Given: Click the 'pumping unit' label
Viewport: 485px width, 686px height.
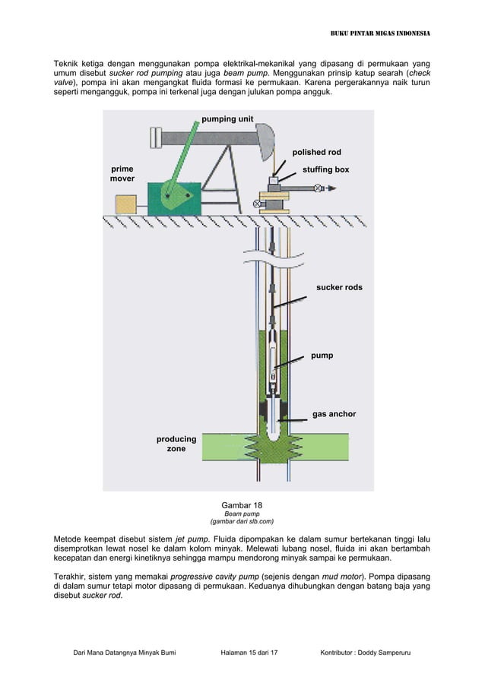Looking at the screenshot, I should point(227,119).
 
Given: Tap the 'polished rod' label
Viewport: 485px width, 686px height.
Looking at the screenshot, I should point(317,153).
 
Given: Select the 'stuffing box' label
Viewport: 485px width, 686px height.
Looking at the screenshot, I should point(325,169).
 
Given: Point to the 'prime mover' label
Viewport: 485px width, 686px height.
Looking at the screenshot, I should point(122,174).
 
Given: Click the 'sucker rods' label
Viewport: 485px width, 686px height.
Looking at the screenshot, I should point(339,288).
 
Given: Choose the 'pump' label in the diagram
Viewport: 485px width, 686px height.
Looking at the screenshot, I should point(322,355).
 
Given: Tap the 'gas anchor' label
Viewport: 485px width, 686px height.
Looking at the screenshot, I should point(334,414).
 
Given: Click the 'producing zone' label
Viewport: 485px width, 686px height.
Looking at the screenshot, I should point(176,444).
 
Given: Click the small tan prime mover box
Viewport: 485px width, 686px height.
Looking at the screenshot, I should point(125,204).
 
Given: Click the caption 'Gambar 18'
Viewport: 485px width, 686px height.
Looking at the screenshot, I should point(242,505).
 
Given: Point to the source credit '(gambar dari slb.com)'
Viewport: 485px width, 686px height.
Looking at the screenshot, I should point(242,522).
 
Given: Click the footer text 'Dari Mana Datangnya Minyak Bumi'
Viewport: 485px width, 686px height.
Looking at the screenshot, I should point(124,653).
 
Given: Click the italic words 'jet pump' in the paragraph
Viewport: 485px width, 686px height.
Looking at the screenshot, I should point(190,539).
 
